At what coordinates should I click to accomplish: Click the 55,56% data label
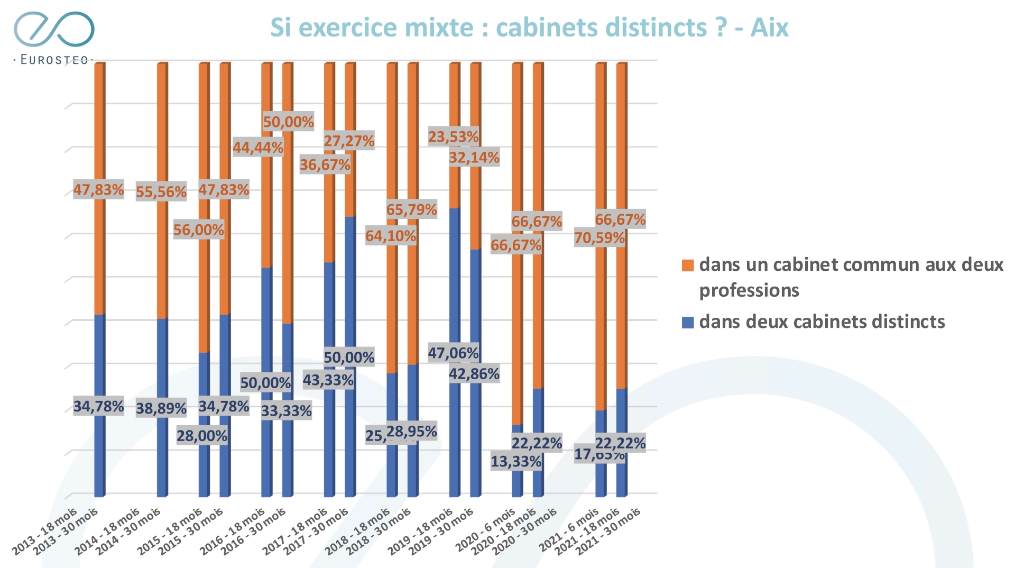[x=161, y=192]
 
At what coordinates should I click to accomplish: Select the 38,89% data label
[x=161, y=408]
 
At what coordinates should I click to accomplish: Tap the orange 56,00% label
[x=199, y=230]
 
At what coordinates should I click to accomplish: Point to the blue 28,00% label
[x=201, y=436]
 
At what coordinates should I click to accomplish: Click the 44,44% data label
[x=258, y=148]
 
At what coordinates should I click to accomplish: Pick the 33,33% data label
[x=286, y=411]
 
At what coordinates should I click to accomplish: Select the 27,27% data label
[x=349, y=141]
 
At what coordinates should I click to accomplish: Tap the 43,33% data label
[x=328, y=380]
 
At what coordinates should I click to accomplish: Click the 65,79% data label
[x=411, y=210]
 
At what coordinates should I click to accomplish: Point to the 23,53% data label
[x=453, y=137]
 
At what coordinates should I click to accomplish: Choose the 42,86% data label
[x=474, y=374]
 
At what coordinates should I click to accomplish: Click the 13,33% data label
[x=515, y=462]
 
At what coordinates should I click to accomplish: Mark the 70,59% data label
[x=599, y=238]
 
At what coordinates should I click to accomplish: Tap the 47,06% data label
[x=453, y=353]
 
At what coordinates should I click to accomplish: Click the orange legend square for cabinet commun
[x=688, y=265]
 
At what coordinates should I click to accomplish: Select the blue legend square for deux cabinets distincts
[x=688, y=322]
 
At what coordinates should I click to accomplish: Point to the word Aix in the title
[x=769, y=28]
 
